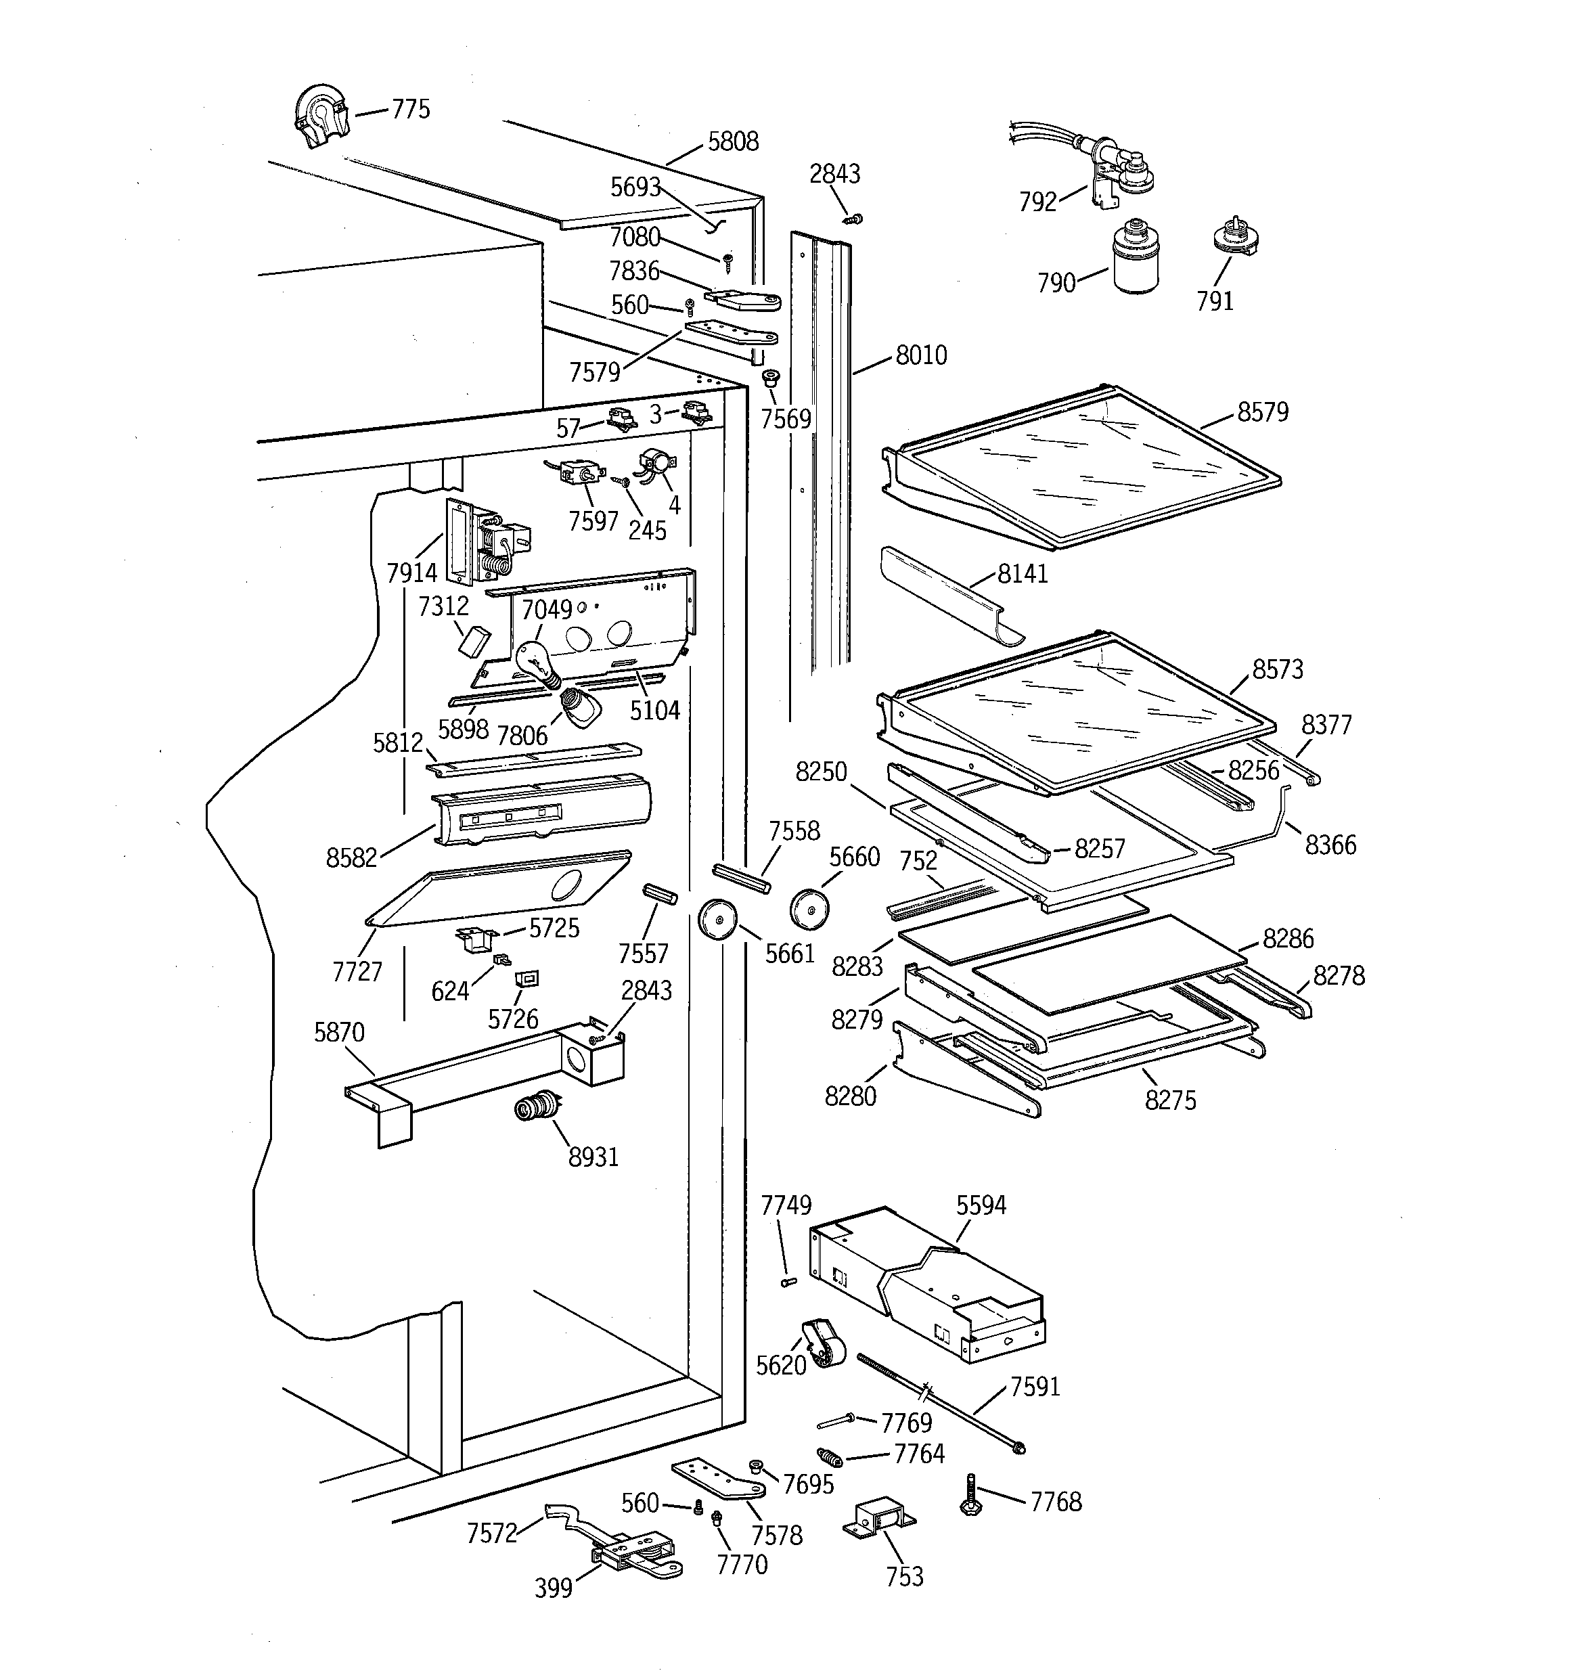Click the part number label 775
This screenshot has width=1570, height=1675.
pyautogui.click(x=410, y=110)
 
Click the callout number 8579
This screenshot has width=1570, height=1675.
pyautogui.click(x=1262, y=412)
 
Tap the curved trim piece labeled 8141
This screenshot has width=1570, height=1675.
pyautogui.click(x=948, y=595)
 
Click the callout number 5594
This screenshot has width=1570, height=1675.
pyautogui.click(x=981, y=1206)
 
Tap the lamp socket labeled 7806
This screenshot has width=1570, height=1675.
pyautogui.click(x=581, y=706)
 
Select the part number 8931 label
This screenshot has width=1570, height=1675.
pyautogui.click(x=593, y=1157)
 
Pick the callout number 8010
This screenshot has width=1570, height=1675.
pyautogui.click(x=921, y=355)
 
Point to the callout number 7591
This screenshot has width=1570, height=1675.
pyautogui.click(x=1035, y=1386)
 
